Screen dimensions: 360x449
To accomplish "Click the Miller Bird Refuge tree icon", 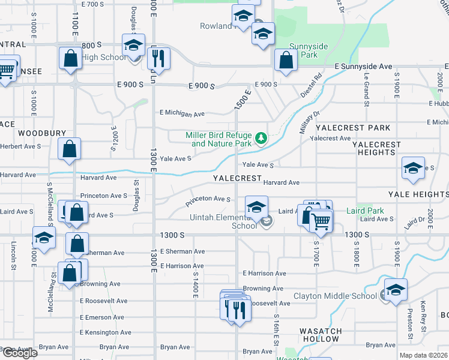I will pos(261,139).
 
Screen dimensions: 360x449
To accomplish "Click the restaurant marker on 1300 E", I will pos(158,58).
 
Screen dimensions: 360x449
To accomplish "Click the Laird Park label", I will pos(365,211).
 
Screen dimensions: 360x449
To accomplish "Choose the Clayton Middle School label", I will pos(335,296).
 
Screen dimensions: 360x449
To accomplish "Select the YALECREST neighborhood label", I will pos(237,178).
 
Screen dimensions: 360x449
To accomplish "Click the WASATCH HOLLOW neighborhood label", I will pos(321,335).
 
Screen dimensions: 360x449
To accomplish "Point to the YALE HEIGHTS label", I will pos(418,194).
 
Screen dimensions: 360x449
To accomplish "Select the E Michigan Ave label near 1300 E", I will pos(182,113).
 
